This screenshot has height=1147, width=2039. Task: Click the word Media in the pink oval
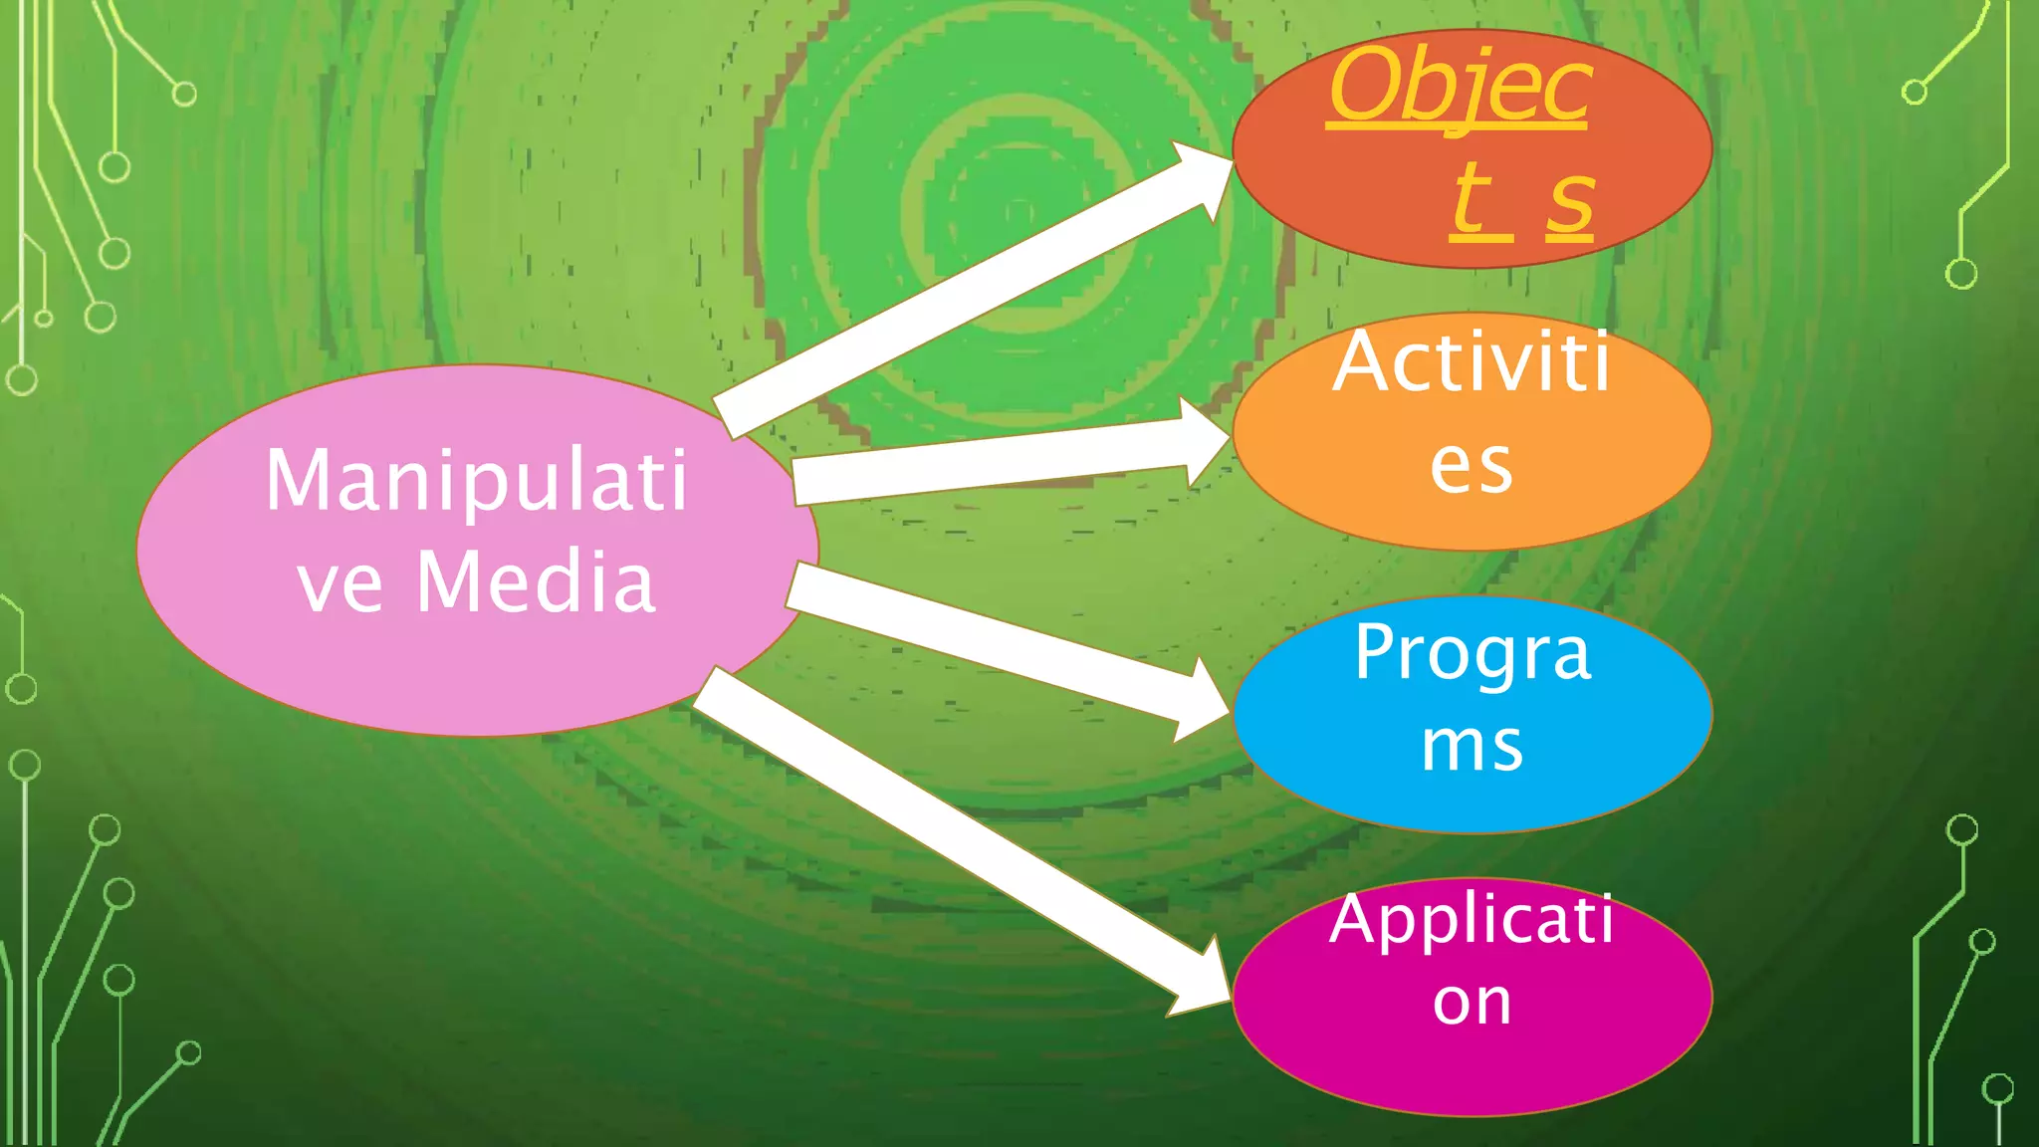pos(536,581)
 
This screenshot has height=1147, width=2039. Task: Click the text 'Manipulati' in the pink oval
pos(476,482)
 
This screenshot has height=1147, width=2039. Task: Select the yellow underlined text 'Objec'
pos(1460,88)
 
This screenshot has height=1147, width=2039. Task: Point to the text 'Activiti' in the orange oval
pos(1472,362)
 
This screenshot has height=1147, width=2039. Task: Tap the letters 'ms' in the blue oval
pos(1472,747)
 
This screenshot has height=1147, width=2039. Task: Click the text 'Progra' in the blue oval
pos(1472,653)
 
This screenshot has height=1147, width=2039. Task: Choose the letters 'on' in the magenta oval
pos(1472,1002)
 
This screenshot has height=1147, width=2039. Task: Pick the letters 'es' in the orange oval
pos(1472,466)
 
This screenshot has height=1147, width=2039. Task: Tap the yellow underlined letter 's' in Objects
pos(1570,203)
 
